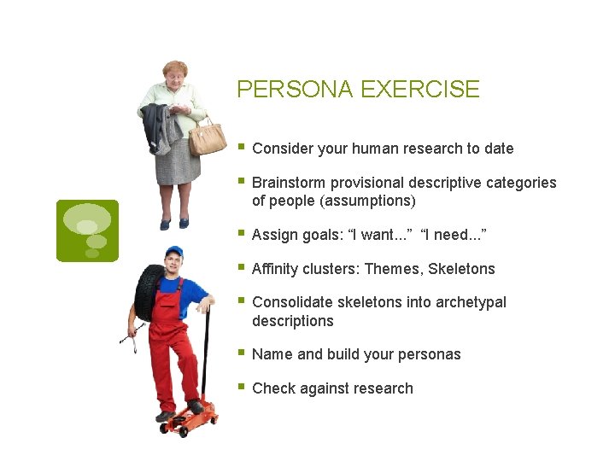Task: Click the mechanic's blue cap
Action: (174, 251)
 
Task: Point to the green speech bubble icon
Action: (87, 230)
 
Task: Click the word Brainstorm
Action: (288, 183)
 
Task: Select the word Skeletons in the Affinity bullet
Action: (461, 269)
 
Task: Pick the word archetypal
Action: (469, 302)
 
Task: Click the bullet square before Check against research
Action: (243, 387)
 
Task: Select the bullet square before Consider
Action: (243, 147)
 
